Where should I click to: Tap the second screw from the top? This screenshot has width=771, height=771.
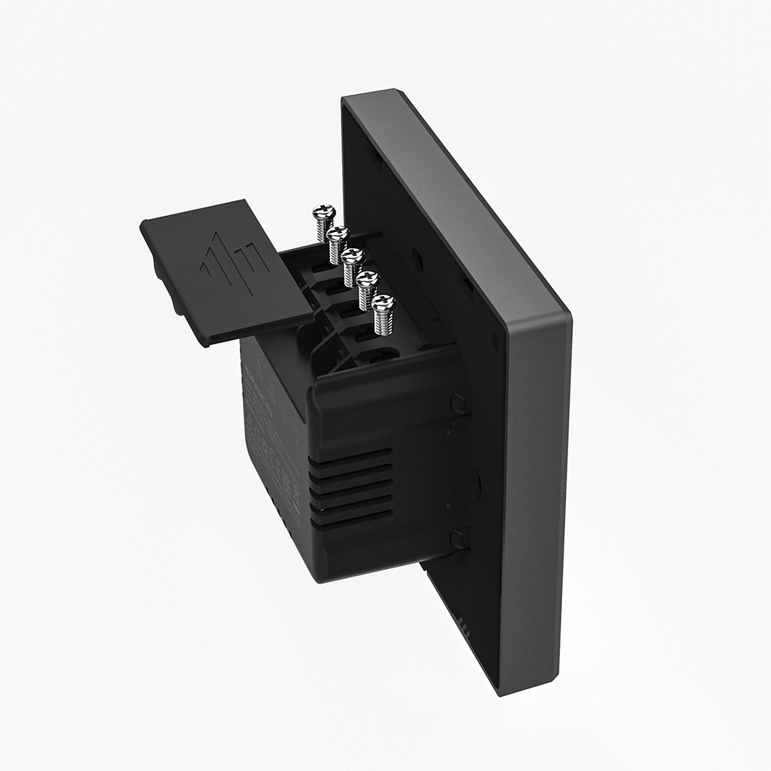point(338,232)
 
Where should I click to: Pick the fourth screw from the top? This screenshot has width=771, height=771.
point(368,278)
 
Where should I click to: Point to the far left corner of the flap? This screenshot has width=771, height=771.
point(142,224)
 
